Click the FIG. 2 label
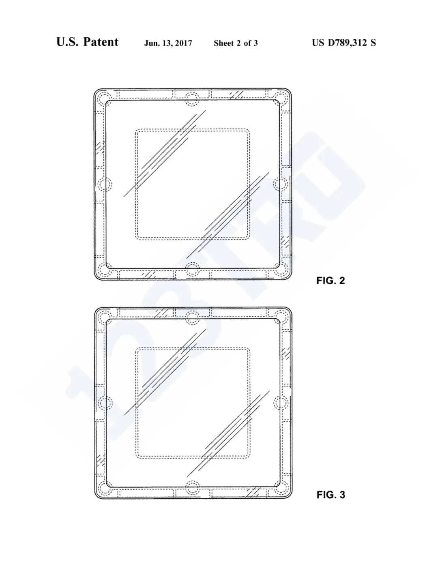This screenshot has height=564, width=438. coord(330,281)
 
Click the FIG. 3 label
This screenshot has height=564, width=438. coord(331,495)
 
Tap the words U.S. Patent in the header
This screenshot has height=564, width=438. coord(87,42)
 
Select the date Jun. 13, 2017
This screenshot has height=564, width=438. coord(168,43)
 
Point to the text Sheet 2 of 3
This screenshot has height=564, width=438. coord(236,43)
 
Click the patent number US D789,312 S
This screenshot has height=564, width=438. coord(344,43)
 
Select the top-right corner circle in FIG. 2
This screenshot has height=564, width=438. coord(280,99)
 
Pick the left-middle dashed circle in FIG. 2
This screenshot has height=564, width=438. coord(105,184)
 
